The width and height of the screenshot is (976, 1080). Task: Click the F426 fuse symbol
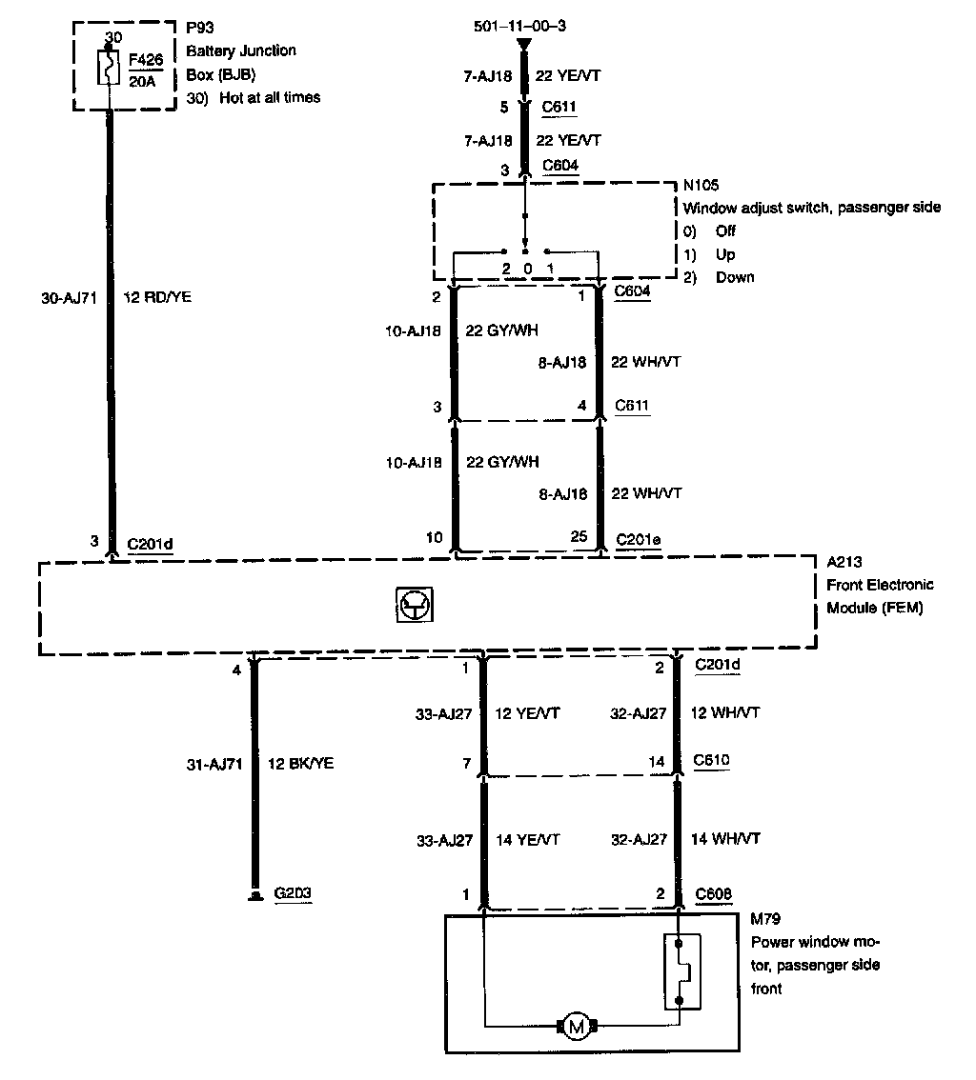pyautogui.click(x=111, y=68)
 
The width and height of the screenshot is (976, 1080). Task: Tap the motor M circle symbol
pyautogui.click(x=575, y=1026)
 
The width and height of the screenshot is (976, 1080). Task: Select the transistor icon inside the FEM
pyautogui.click(x=412, y=605)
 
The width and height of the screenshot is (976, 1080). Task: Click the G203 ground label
pyautogui.click(x=293, y=893)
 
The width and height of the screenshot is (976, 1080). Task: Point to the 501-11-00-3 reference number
pyautogui.click(x=519, y=26)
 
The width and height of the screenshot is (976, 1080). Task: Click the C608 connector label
pyautogui.click(x=714, y=893)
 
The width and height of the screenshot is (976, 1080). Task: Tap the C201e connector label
pyautogui.click(x=639, y=538)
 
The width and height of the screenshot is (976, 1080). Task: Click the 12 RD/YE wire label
pyautogui.click(x=159, y=297)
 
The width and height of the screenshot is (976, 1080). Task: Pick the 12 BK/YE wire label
pyautogui.click(x=302, y=763)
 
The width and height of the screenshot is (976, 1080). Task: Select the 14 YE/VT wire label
pyautogui.click(x=527, y=839)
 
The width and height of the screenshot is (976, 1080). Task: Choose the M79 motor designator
pyautogui.click(x=764, y=919)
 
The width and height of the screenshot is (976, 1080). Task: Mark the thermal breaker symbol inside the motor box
pyautogui.click(x=681, y=971)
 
